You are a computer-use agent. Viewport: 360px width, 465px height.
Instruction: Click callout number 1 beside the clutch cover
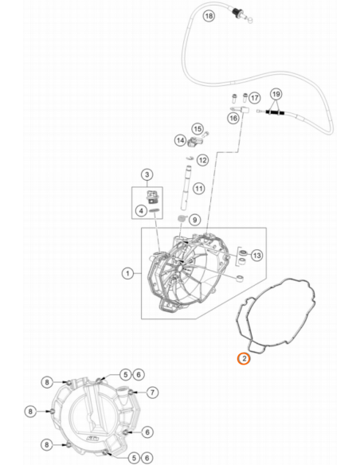(x=127, y=273)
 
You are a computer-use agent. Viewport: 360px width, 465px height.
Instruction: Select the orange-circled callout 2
(x=244, y=358)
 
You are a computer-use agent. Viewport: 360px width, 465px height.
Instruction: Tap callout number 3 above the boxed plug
(x=147, y=174)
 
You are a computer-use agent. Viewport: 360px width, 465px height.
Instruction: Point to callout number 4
(x=142, y=211)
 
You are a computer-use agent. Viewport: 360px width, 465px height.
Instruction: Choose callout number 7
(x=152, y=393)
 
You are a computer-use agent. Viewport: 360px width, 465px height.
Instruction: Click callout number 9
(x=194, y=220)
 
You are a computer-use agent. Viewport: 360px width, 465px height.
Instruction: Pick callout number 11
(x=198, y=189)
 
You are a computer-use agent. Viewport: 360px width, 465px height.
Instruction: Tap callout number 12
(x=202, y=160)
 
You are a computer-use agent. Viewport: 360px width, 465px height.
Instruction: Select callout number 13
(x=256, y=255)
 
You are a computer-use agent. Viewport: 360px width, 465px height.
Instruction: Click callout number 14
(x=180, y=140)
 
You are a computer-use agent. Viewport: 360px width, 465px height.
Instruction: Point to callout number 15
(x=198, y=129)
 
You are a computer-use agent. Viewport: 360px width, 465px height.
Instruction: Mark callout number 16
(x=233, y=118)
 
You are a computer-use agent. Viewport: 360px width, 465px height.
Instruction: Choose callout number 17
(x=254, y=98)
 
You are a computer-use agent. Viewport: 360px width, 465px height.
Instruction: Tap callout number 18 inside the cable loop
(x=209, y=15)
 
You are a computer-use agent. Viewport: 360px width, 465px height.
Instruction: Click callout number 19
(x=276, y=94)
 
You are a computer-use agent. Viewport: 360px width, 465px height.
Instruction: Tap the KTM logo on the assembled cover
(x=92, y=439)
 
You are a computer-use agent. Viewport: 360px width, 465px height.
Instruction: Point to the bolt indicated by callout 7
(x=131, y=393)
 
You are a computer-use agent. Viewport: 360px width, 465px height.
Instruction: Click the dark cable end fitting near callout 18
(x=237, y=13)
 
